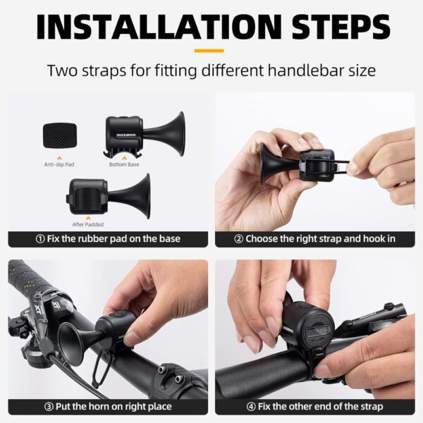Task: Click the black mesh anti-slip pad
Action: pos(61,135)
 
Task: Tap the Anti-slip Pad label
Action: pos(60,165)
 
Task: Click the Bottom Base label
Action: pos(123,165)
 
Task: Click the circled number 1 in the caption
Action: pos(40,239)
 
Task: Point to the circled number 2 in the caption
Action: pos(239,239)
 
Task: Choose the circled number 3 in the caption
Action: pos(49,407)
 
